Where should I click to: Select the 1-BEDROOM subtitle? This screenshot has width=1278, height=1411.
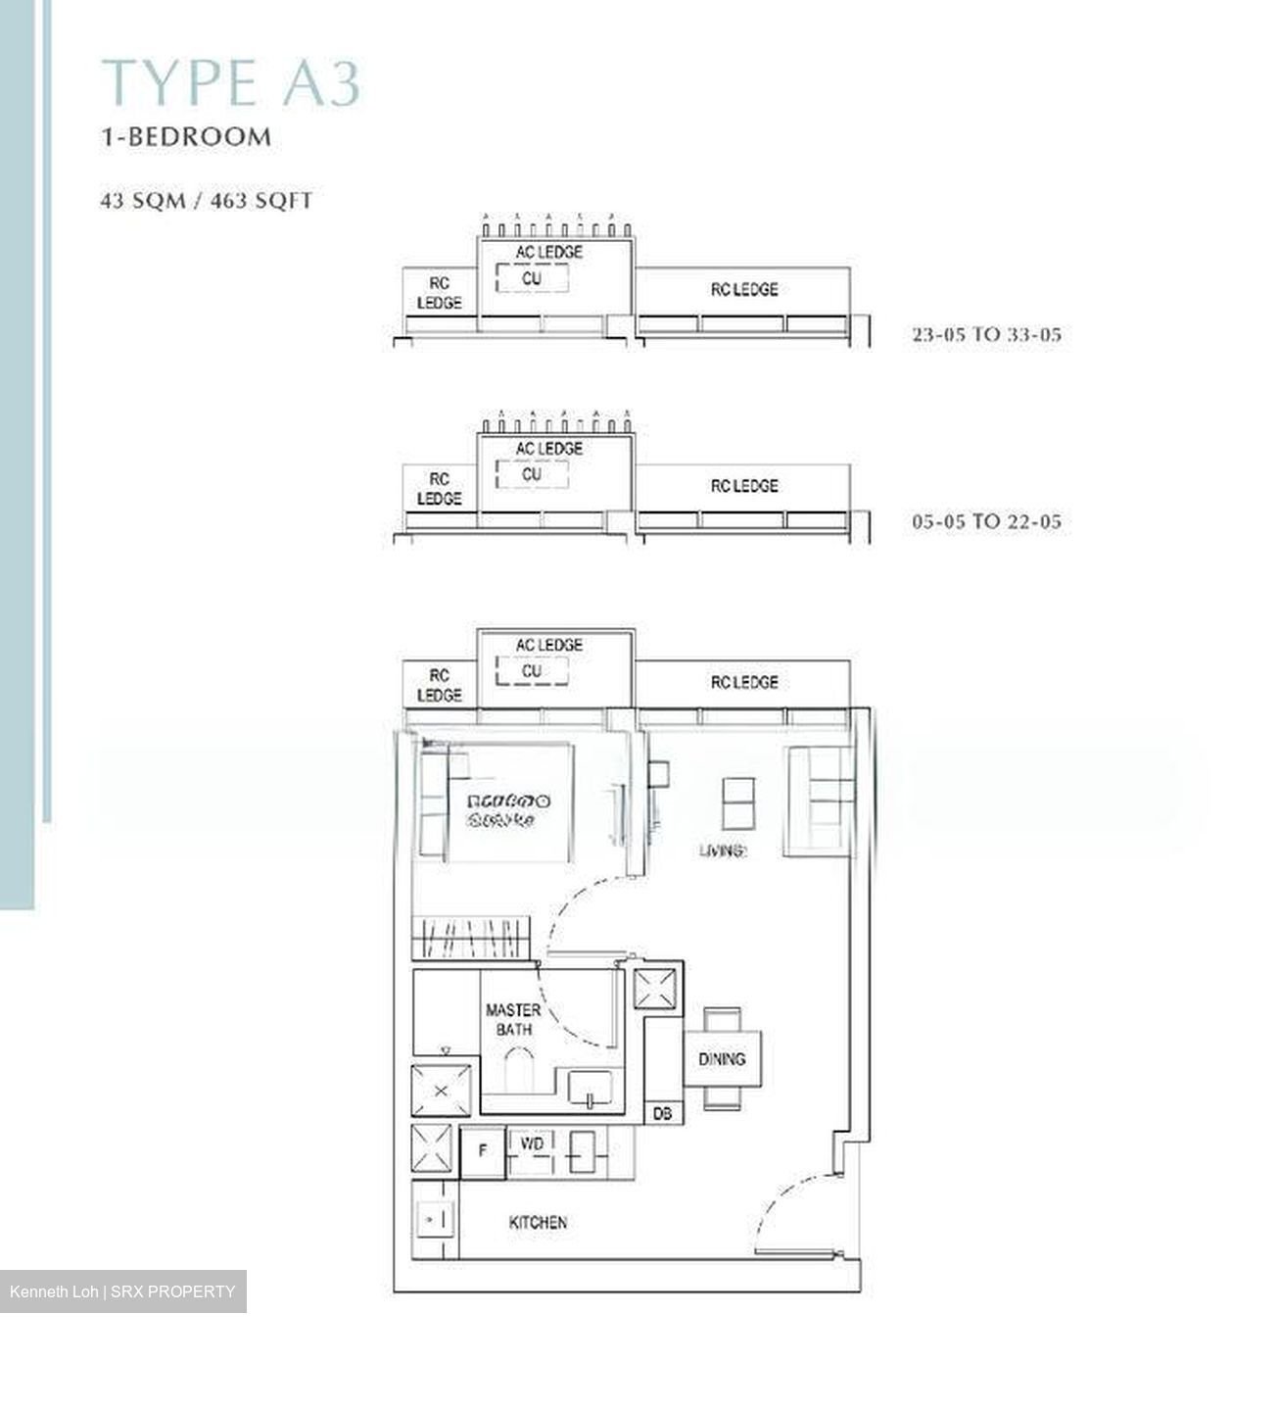[186, 136]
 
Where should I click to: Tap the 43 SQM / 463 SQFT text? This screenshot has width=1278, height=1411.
[207, 201]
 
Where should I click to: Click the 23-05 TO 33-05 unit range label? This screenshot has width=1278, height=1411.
[986, 335]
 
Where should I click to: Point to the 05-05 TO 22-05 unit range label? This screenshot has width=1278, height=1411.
[986, 522]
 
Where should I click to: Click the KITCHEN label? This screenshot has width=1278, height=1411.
[538, 1223]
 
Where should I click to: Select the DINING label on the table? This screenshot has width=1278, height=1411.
[722, 1059]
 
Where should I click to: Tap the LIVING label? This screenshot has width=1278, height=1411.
[723, 851]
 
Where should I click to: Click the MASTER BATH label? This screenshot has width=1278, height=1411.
[513, 1019]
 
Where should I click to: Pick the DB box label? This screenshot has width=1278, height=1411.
[663, 1114]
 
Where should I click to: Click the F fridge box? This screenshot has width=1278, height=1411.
[483, 1151]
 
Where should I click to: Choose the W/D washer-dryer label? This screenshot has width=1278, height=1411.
[532, 1144]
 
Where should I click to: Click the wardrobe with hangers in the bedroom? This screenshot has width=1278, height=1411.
[471, 938]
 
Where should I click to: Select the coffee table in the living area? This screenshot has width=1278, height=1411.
[738, 803]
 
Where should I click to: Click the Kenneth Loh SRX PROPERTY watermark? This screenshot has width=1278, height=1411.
[122, 1291]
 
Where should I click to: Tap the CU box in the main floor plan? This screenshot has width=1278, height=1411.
[532, 671]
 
